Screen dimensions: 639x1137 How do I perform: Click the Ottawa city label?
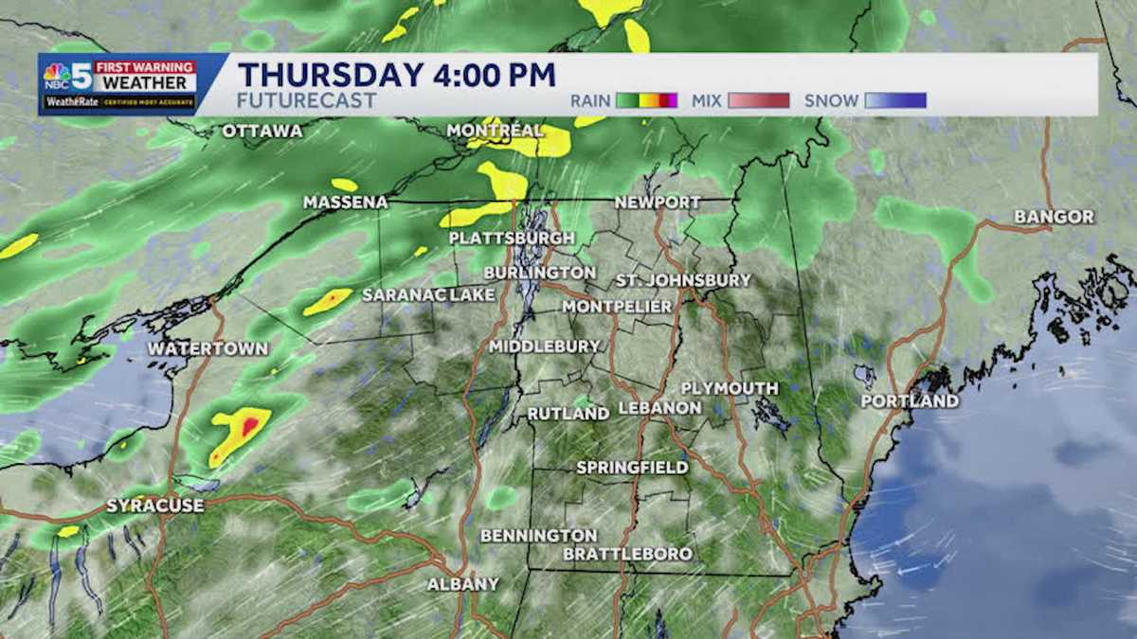[x=262, y=131]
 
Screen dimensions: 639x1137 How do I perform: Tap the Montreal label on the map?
[x=495, y=130]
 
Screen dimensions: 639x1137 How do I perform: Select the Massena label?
[x=346, y=203]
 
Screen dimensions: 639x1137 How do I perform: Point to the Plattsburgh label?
[x=512, y=238]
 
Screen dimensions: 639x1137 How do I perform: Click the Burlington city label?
[x=539, y=273]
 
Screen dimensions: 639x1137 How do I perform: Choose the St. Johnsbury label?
[x=683, y=280]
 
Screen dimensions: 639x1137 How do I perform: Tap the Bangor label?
[x=1054, y=217]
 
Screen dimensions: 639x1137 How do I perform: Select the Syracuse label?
[x=154, y=506]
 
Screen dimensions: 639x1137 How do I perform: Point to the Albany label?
[x=462, y=584]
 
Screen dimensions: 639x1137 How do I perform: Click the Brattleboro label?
[x=627, y=554]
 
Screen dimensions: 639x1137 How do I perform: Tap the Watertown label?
[x=208, y=348]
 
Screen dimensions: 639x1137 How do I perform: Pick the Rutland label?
[x=568, y=414]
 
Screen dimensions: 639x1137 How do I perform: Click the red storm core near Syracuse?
[x=249, y=425]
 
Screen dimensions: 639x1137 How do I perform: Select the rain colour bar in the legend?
[x=646, y=100]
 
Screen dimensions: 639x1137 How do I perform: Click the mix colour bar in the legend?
[x=758, y=100]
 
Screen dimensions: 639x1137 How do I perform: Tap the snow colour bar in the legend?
[x=894, y=100]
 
